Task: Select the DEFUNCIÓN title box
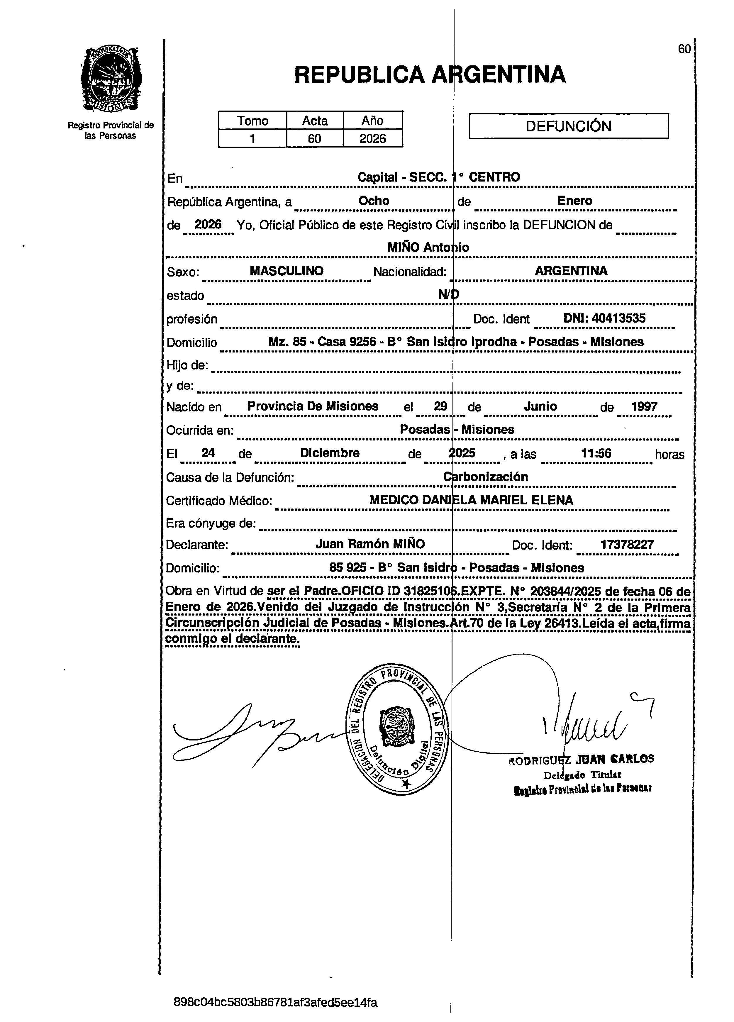pos(569,126)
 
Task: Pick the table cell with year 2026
pos(373,138)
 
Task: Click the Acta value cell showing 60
pos(314,138)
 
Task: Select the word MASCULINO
pos(287,271)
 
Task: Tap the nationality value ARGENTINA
pos(571,271)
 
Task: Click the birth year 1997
pos(644,406)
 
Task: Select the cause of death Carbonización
pos(485,477)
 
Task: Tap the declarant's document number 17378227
pos(627,544)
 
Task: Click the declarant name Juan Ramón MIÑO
pos(370,544)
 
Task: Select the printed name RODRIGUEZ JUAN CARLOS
pos(581,759)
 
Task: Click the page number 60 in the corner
pos(684,49)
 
